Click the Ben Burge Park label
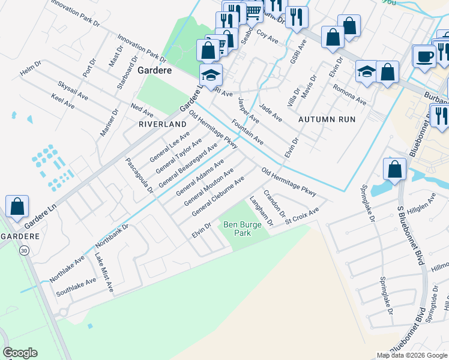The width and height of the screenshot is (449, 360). (237, 229)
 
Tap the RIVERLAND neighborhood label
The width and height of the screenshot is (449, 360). (163, 124)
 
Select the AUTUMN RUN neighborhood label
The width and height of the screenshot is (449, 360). (327, 119)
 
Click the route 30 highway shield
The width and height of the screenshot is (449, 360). (24, 250)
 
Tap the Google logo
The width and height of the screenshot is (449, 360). (20, 353)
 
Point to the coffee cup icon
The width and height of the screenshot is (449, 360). (425, 57)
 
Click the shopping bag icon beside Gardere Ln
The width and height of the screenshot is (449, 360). (17, 206)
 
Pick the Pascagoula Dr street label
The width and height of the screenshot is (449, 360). (139, 175)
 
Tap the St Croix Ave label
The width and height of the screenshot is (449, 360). (301, 216)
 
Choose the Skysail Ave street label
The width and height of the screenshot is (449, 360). (73, 90)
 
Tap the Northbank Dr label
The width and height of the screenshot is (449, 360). (112, 237)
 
